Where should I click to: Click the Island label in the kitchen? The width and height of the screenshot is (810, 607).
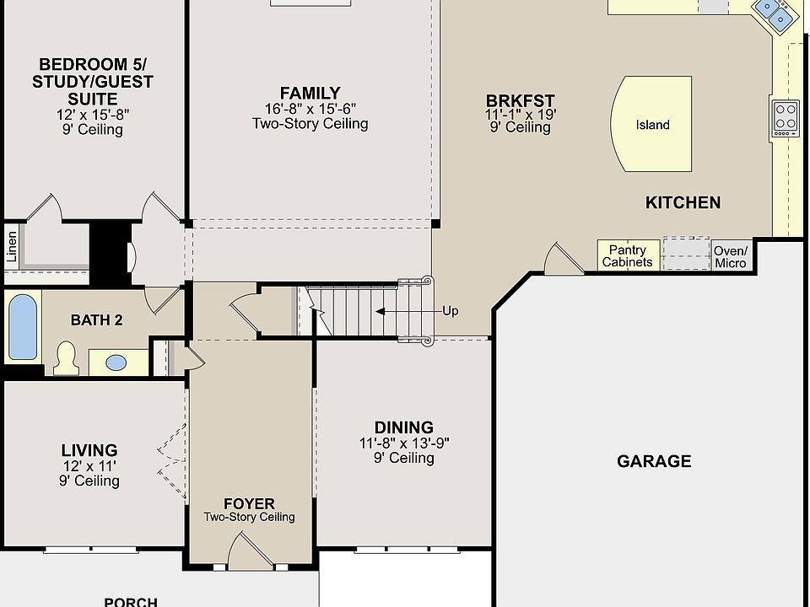click(x=652, y=125)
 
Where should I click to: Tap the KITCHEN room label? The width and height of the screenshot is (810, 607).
click(x=683, y=202)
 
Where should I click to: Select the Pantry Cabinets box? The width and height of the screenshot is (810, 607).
click(x=627, y=255)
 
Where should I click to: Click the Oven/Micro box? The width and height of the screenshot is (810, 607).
click(x=730, y=256)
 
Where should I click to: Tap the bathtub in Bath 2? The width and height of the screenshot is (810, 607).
click(x=23, y=326)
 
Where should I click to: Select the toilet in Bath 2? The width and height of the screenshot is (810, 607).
click(x=66, y=358)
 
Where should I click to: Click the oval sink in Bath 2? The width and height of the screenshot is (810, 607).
click(x=116, y=363)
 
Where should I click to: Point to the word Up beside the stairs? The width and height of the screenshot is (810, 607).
click(x=451, y=311)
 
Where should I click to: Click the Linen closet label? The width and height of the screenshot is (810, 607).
click(x=11, y=247)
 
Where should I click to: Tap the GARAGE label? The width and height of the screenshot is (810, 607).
click(x=654, y=461)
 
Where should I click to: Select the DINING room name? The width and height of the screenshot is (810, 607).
click(x=403, y=427)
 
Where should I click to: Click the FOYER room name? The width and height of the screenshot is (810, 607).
click(x=249, y=504)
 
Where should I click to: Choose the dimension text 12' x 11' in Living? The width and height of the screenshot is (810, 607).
click(x=89, y=465)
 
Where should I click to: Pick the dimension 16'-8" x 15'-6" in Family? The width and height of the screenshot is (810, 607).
click(x=310, y=109)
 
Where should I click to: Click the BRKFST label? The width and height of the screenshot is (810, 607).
click(x=520, y=100)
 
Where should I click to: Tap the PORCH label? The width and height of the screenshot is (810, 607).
click(x=131, y=602)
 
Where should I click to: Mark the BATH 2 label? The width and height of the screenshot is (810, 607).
click(x=97, y=320)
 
